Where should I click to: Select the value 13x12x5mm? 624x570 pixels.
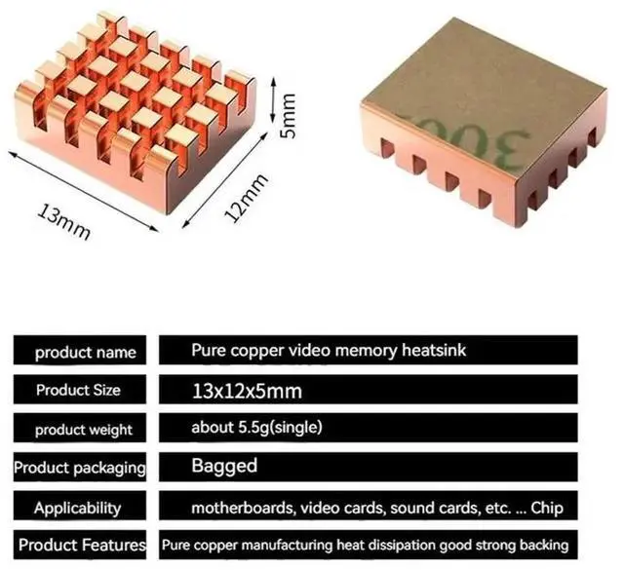pyautogui.click(x=247, y=391)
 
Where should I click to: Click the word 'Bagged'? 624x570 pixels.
pyautogui.click(x=224, y=466)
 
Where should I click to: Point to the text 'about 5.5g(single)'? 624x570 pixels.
pyautogui.click(x=256, y=428)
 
